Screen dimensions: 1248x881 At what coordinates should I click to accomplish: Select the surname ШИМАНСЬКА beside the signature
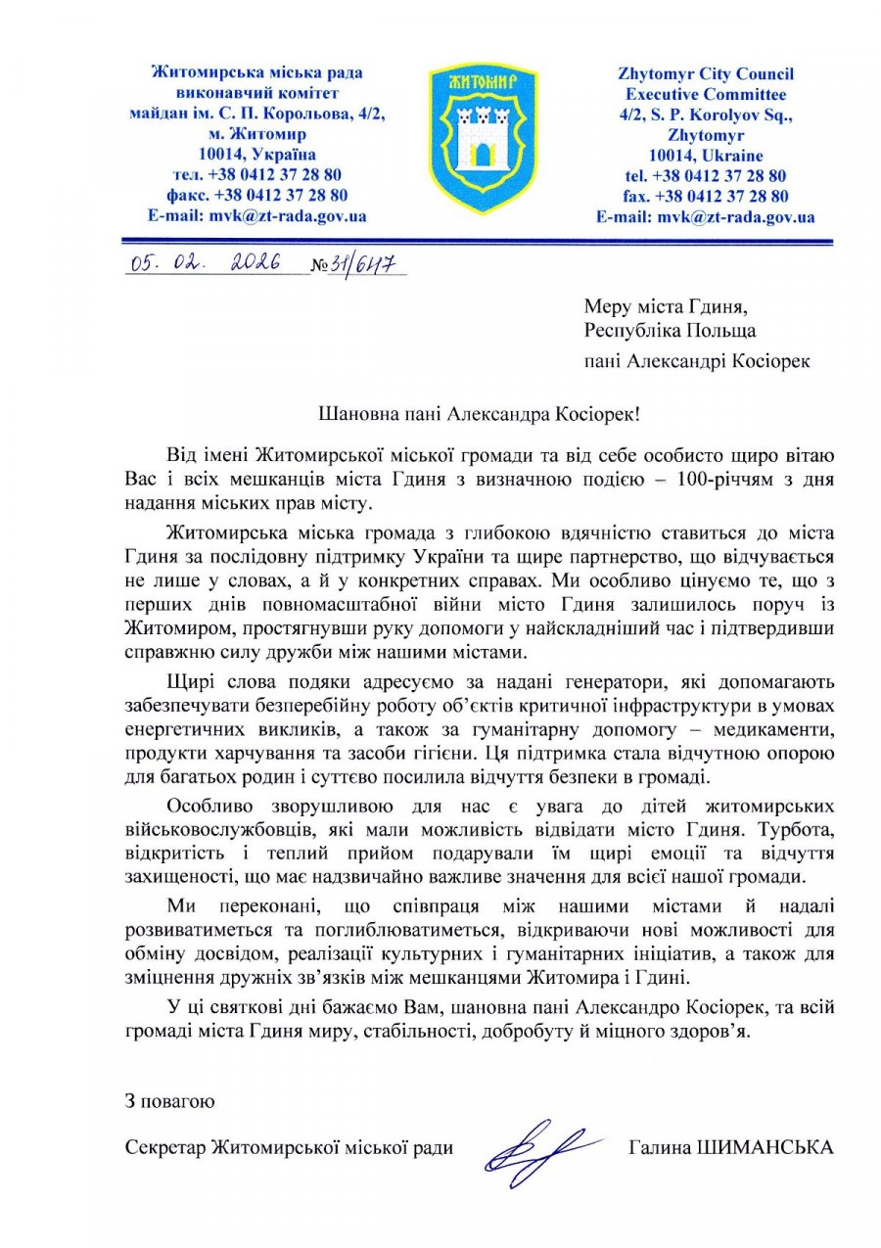[x=777, y=1147]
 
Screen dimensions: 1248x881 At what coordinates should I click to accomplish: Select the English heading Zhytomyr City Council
[x=705, y=73]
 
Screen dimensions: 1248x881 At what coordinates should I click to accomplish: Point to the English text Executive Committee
[x=705, y=94]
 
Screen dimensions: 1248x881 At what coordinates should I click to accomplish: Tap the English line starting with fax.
[x=705, y=196]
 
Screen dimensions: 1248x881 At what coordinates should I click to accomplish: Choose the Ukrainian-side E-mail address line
[x=256, y=216]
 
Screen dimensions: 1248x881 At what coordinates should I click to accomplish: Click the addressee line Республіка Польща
[x=670, y=331]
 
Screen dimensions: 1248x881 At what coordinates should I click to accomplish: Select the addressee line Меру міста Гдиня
[x=670, y=307]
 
